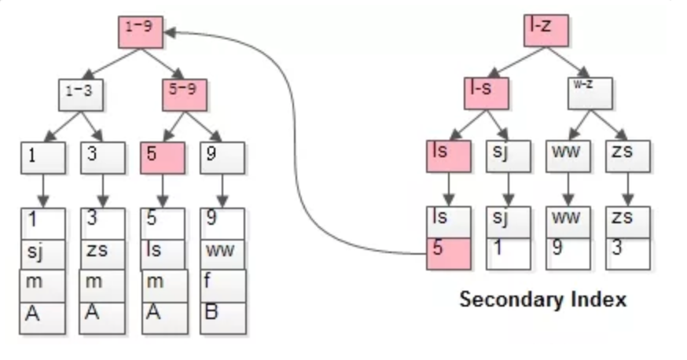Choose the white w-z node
(590, 92)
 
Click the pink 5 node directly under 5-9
(163, 157)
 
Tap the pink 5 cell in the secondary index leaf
(448, 253)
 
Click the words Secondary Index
(542, 299)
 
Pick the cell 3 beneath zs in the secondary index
(627, 253)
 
